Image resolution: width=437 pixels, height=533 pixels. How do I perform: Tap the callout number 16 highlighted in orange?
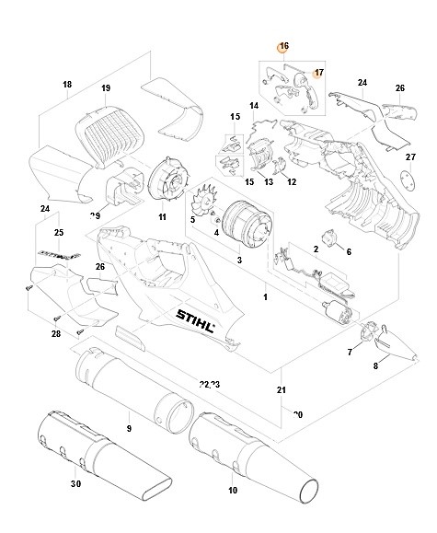284,47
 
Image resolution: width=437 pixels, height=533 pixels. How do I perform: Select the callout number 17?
318,72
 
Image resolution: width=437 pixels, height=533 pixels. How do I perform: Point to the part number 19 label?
106,88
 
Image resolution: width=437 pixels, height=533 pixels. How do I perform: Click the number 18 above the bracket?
66,85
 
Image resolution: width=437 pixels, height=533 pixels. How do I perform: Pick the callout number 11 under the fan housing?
162,217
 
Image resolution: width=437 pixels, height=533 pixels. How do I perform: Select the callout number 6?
348,251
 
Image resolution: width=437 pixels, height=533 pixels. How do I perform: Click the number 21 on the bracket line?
282,391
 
